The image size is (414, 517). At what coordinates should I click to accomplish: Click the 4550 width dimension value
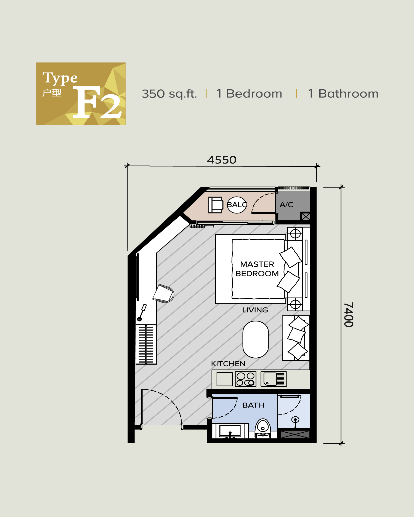(222, 160)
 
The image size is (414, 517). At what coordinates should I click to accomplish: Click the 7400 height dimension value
(349, 315)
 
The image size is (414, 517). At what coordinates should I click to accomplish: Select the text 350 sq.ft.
(169, 94)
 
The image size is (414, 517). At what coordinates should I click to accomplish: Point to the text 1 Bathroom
(343, 94)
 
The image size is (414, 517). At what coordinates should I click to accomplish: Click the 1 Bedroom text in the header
(249, 94)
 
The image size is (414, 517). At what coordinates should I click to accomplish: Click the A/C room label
(286, 205)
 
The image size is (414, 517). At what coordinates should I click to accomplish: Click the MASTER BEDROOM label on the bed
(257, 269)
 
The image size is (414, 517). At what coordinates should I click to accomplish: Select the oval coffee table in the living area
(256, 339)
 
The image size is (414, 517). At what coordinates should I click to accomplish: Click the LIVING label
(255, 310)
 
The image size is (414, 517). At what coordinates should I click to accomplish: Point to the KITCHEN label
(228, 364)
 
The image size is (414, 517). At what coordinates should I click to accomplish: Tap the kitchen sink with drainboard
(274, 379)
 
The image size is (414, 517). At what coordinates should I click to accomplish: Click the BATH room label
(253, 405)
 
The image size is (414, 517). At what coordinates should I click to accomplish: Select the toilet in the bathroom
(262, 428)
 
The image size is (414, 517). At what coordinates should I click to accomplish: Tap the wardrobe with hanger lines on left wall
(146, 344)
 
